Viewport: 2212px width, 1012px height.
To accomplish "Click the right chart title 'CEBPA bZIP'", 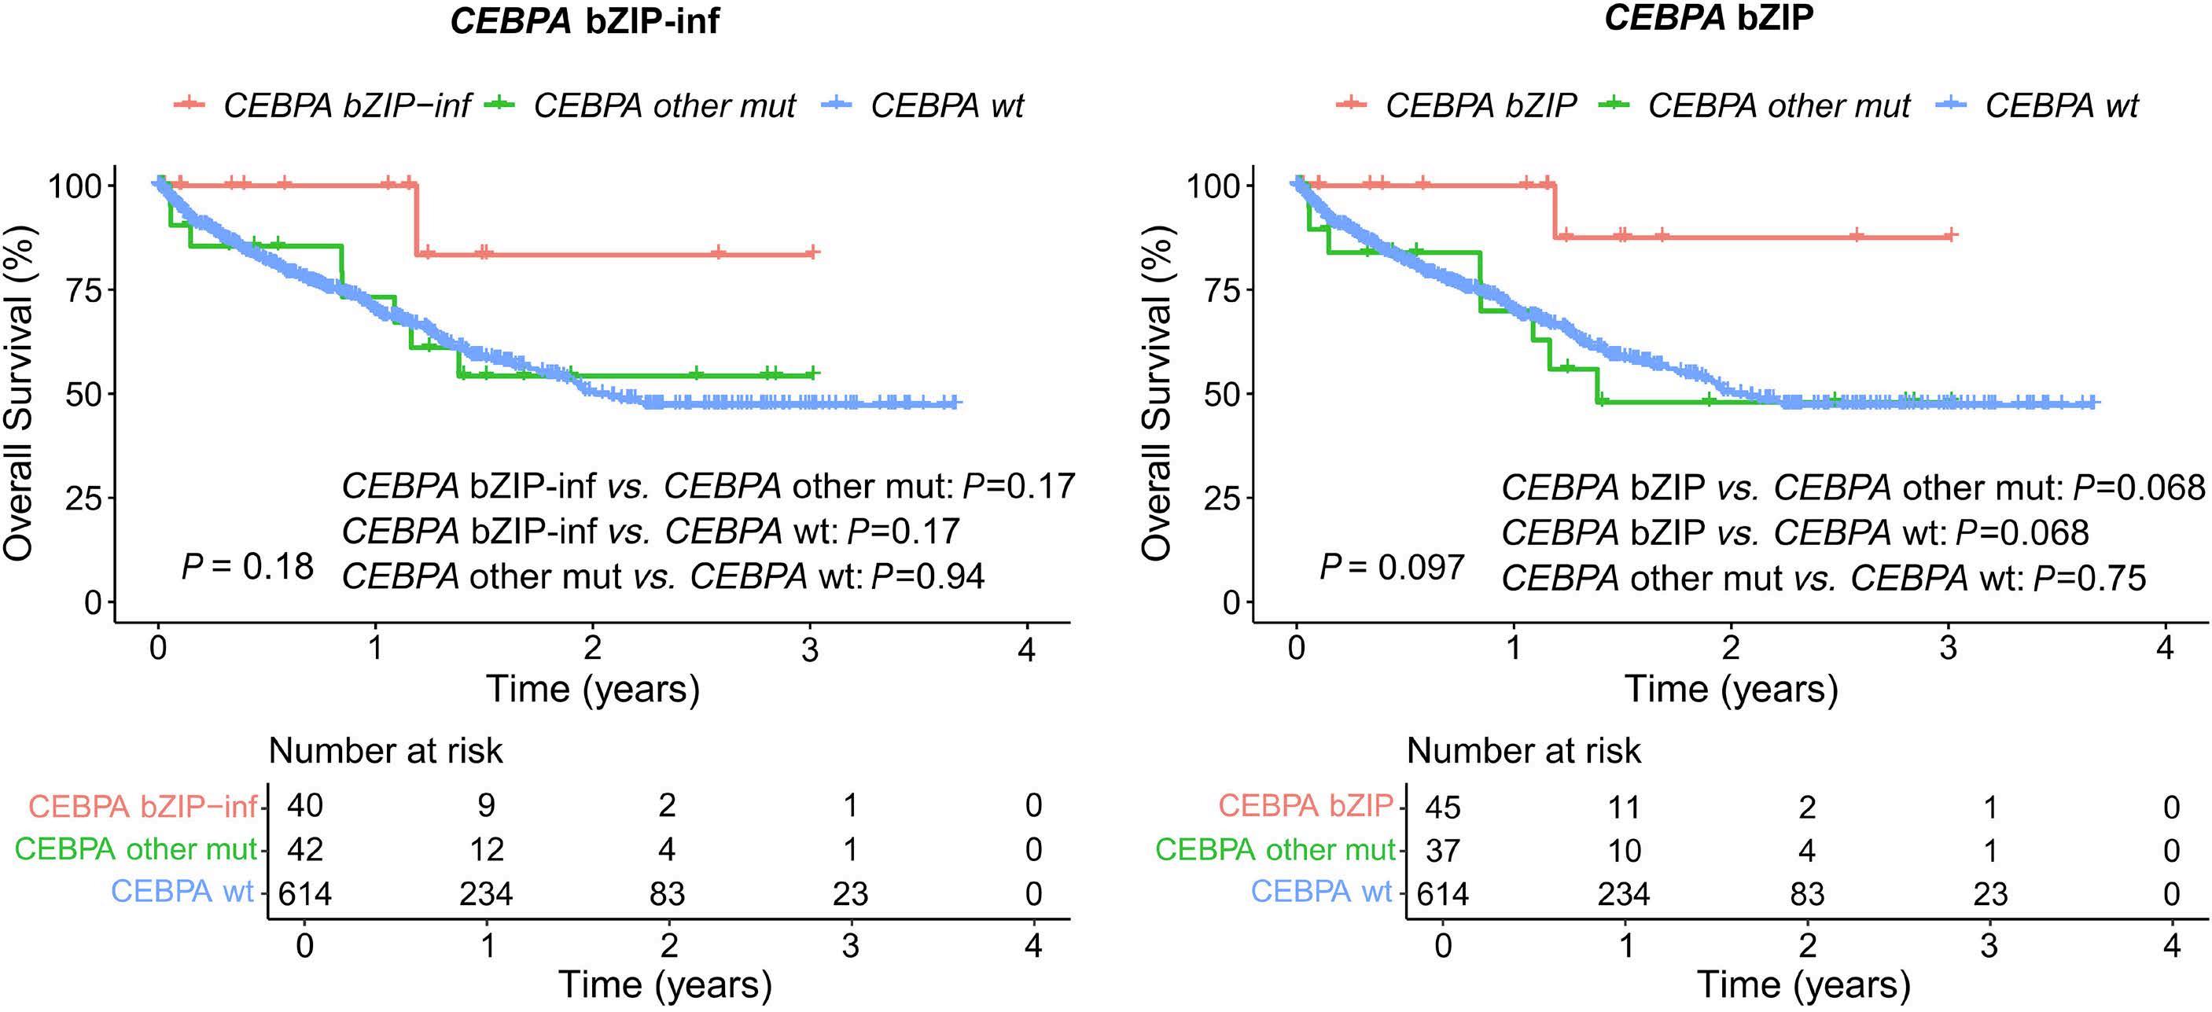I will (1708, 18).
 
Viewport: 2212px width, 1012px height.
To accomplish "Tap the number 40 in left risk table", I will (305, 805).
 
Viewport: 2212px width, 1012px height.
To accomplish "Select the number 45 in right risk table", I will (1443, 807).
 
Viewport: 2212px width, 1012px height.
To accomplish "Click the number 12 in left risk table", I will (486, 849).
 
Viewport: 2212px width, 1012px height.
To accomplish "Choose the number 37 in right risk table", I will (1443, 851).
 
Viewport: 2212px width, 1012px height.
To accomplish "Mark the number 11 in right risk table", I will (1623, 807).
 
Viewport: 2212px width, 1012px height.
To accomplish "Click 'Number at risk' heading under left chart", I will (385, 751).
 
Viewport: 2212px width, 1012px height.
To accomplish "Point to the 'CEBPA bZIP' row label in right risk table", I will (1305, 805).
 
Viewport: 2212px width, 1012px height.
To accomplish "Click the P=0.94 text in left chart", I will (927, 576).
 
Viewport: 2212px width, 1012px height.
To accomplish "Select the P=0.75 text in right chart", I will (2089, 578).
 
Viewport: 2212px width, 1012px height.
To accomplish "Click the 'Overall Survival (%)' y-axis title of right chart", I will (1157, 393).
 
